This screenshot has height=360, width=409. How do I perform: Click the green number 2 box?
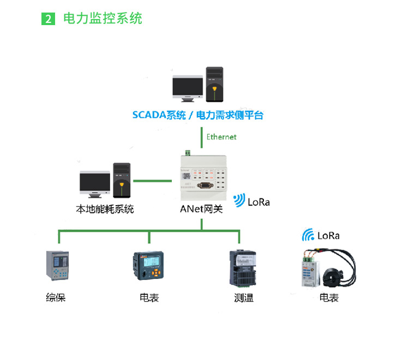48,19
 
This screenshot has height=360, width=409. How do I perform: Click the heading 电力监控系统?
103,19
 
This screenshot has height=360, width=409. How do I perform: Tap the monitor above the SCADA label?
188,88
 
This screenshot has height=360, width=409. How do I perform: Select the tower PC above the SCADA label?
215,84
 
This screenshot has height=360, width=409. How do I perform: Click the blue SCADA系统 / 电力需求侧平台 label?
198,115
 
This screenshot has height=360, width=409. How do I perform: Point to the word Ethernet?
221,137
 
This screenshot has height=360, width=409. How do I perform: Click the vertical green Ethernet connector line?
202,138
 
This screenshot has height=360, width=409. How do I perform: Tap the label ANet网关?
201,209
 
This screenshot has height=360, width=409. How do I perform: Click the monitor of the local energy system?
95,184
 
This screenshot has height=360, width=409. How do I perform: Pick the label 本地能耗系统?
105,209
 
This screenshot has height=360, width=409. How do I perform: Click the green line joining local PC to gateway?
153,181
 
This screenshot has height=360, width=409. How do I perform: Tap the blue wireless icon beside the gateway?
239,200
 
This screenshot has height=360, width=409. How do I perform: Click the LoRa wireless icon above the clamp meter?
308,235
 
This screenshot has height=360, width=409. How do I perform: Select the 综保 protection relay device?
57,266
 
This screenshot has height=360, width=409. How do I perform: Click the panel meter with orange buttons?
148,266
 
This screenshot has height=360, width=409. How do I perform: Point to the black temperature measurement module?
243,268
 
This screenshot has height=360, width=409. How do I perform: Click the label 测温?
244,298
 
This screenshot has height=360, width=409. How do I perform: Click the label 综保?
56,298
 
